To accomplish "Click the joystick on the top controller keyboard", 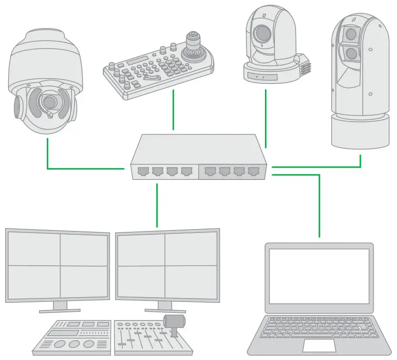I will point(193,45).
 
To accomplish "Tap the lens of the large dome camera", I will point(48,102).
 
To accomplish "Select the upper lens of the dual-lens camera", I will point(351,34).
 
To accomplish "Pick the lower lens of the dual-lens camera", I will point(351,51).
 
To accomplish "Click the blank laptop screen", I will point(319,277).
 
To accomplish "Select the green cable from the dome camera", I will point(48,157).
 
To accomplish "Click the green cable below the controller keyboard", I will point(173,110).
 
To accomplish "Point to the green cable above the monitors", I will point(157,205).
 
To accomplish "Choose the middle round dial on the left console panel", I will point(74,344).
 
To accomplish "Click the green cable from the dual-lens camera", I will point(360,160).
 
